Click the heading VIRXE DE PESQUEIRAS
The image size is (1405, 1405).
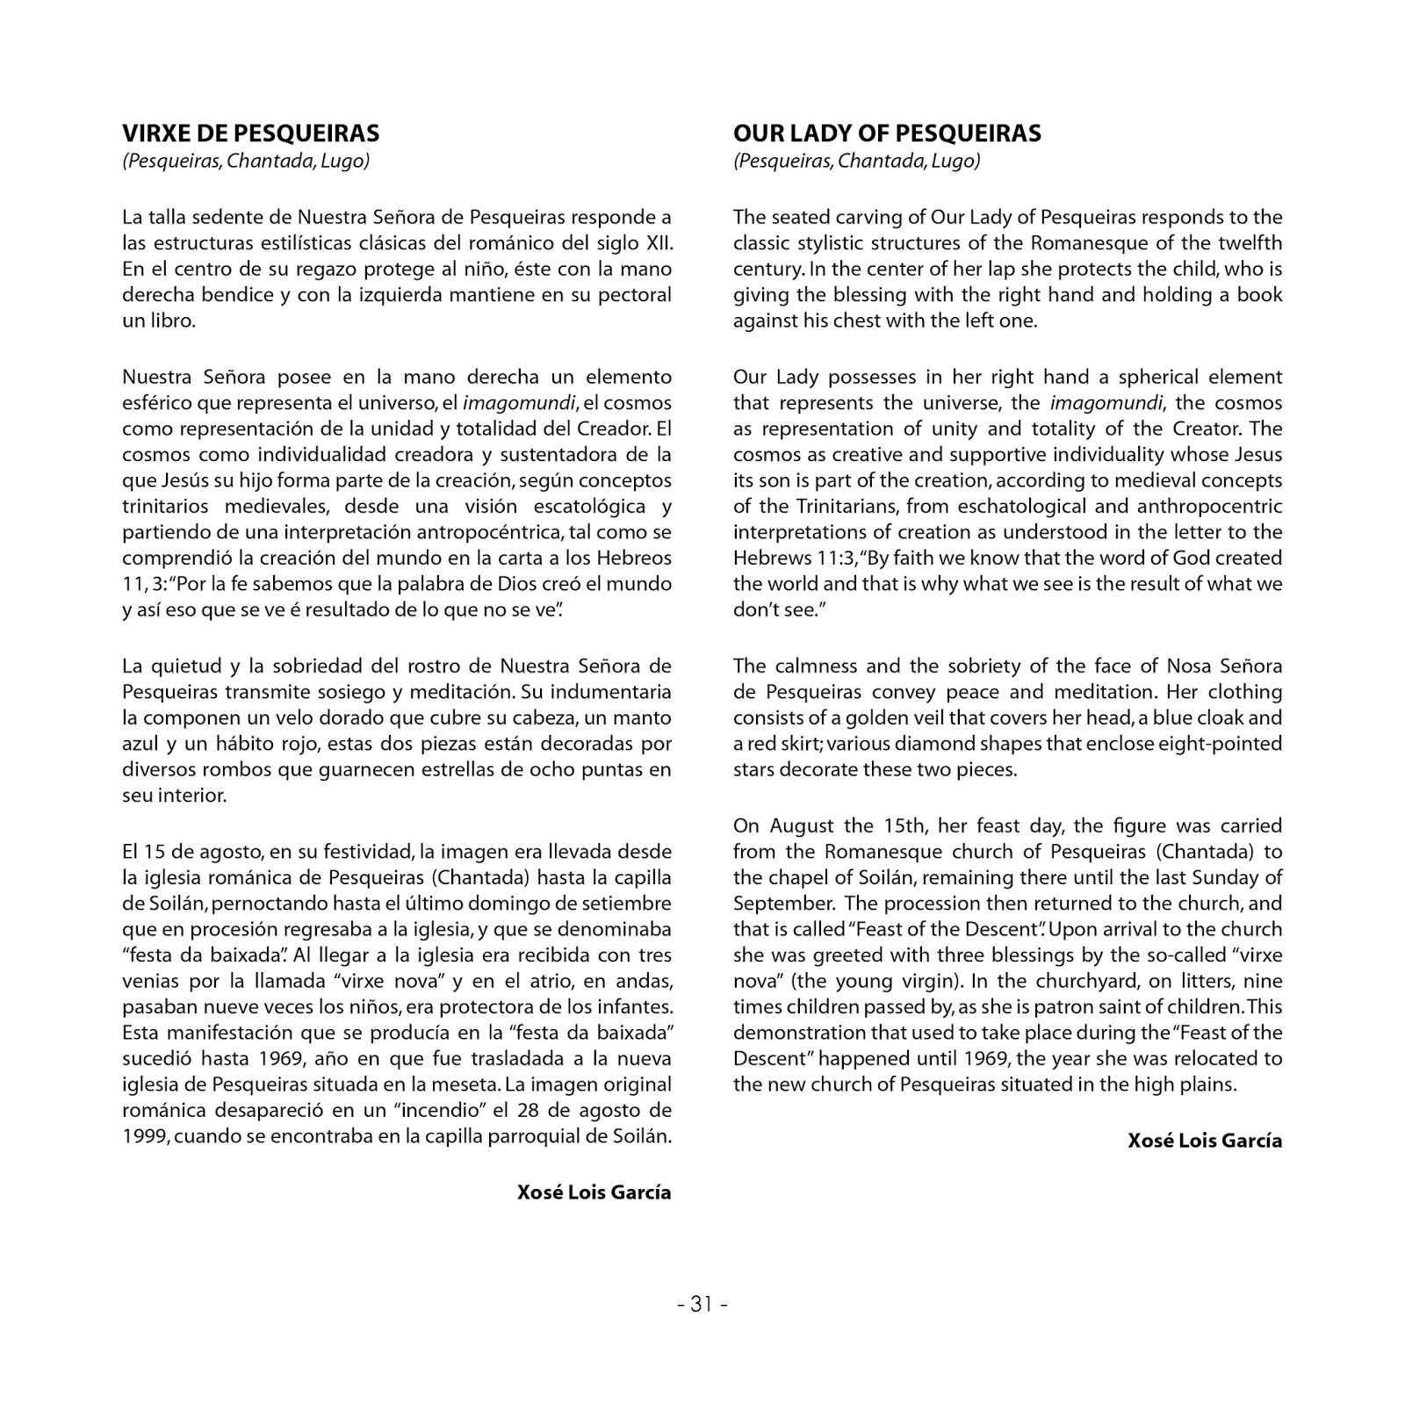pyautogui.click(x=250, y=133)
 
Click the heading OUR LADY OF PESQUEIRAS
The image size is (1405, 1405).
pyautogui.click(x=887, y=133)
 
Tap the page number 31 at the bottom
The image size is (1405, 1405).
pyautogui.click(x=702, y=1305)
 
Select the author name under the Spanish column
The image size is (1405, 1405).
pyautogui.click(x=594, y=1192)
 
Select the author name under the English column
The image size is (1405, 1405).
pyautogui.click(x=1205, y=1141)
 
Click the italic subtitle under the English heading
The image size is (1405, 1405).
pyautogui.click(x=856, y=162)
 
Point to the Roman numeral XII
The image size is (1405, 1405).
pyautogui.click(x=659, y=243)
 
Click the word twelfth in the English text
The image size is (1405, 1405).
pyautogui.click(x=1250, y=243)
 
